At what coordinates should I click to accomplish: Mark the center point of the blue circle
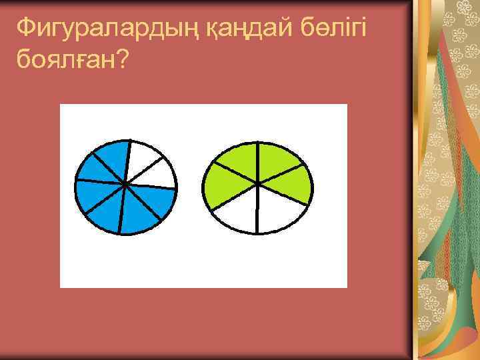125,183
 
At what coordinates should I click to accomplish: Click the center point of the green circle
257,183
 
